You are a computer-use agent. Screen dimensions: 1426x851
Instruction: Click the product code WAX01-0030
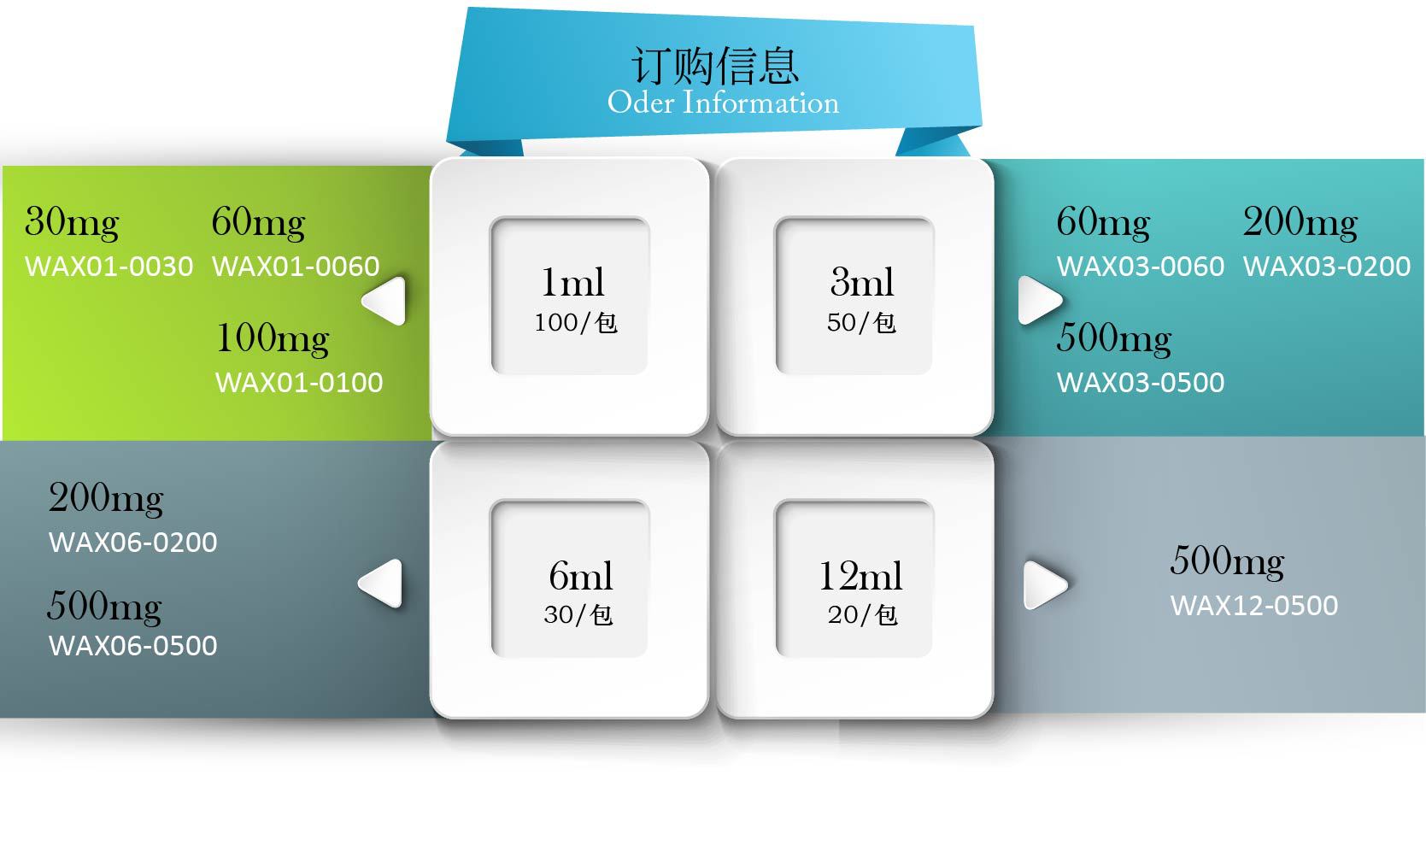pyautogui.click(x=109, y=267)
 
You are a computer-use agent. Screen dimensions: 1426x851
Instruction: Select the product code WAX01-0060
pyautogui.click(x=296, y=267)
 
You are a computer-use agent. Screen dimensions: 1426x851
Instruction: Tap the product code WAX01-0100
pyautogui.click(x=299, y=382)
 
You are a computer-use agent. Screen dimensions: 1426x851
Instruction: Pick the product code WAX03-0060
pyautogui.click(x=1141, y=267)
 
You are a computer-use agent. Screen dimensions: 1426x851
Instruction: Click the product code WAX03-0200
pyautogui.click(x=1327, y=267)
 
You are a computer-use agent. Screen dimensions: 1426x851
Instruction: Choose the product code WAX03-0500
pyautogui.click(x=1141, y=382)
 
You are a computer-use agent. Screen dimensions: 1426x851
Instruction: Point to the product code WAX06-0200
pyautogui.click(x=133, y=542)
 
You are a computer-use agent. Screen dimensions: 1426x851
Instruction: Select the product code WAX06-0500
pyautogui.click(x=133, y=645)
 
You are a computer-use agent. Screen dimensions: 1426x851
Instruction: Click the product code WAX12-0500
pyautogui.click(x=1254, y=605)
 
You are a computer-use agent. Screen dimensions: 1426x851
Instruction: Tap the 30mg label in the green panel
pyautogui.click(x=72, y=223)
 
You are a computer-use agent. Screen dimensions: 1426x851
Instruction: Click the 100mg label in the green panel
pyautogui.click(x=273, y=339)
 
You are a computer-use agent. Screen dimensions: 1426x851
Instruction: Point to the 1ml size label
pyautogui.click(x=572, y=282)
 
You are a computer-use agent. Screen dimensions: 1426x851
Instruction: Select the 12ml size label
pyautogui.click(x=860, y=576)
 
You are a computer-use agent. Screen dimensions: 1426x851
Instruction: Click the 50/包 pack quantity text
pyautogui.click(x=861, y=322)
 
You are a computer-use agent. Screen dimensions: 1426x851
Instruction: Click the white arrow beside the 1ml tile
pyautogui.click(x=384, y=301)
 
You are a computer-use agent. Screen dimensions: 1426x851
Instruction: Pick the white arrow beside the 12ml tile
pyautogui.click(x=1044, y=585)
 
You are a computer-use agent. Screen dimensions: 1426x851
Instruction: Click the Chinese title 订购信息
pyautogui.click(x=715, y=65)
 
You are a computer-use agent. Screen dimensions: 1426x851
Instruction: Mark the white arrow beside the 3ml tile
pyautogui.click(x=1039, y=301)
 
